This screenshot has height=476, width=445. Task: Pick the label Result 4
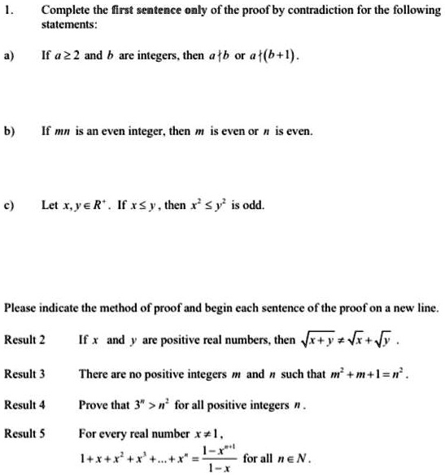pos(24,404)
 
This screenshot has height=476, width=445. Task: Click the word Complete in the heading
pos(63,11)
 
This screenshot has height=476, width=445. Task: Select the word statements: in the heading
pos(68,25)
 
